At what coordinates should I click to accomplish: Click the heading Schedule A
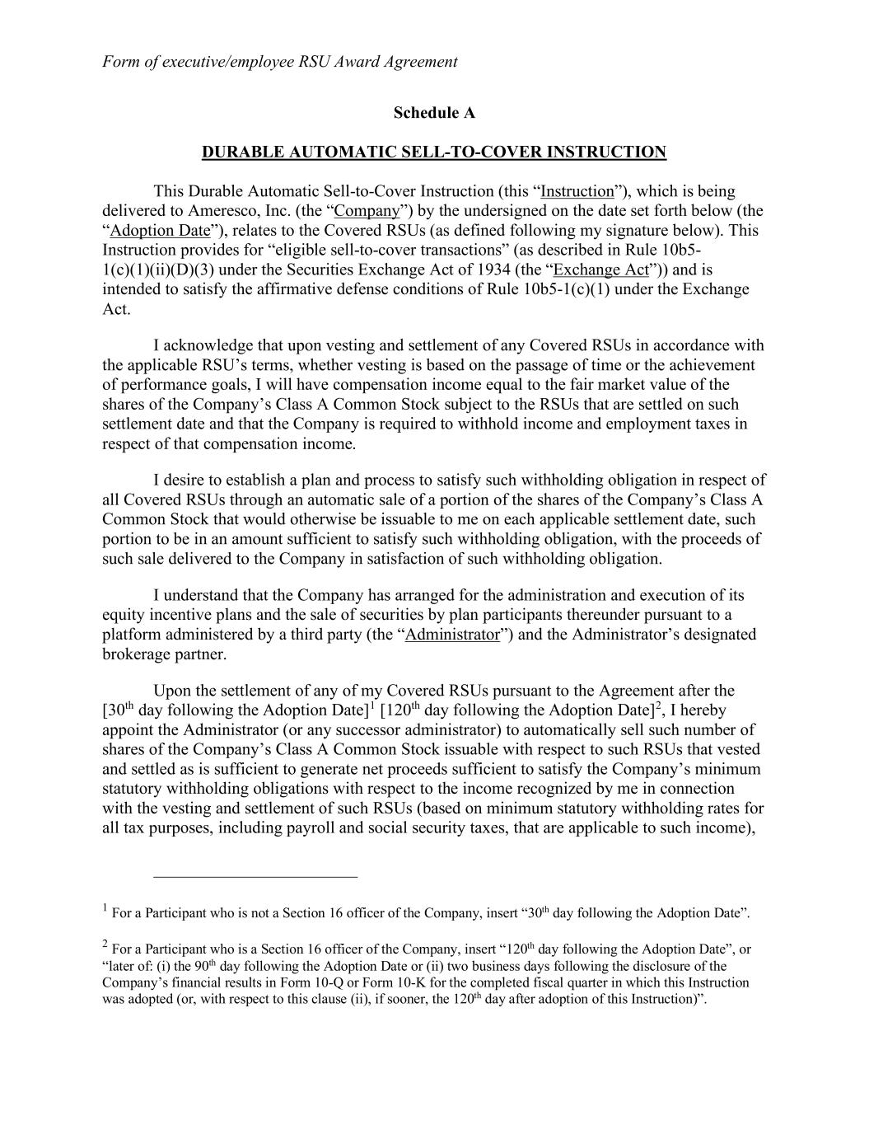pos(434,112)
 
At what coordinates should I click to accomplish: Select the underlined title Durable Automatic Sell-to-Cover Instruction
pos(434,152)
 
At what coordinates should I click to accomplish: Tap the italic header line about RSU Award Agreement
pos(279,61)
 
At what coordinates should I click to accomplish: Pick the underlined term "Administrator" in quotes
pos(452,635)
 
